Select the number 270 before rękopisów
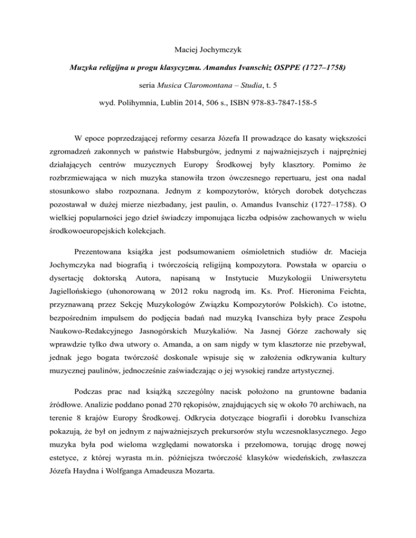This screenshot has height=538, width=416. pyautogui.click(x=161, y=403)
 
